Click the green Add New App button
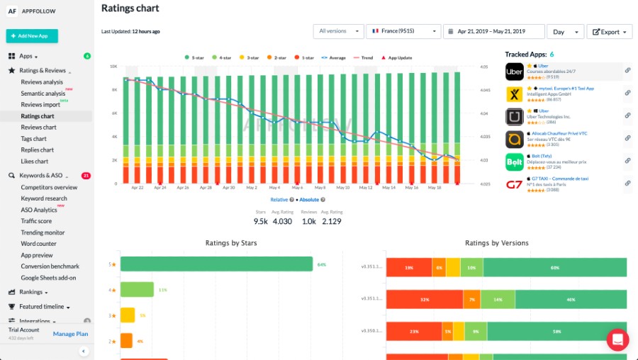tap(32, 35)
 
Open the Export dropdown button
tap(609, 32)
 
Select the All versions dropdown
tap(338, 32)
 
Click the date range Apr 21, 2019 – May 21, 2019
tap(493, 32)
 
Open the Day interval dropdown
tap(565, 32)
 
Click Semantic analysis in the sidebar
tap(43, 94)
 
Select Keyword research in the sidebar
tap(44, 198)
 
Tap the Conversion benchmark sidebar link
tap(50, 266)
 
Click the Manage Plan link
tap(71, 334)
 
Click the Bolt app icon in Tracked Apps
tap(515, 162)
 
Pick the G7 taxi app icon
tap(515, 186)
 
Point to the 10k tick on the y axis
tap(113, 67)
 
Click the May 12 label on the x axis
tap(366, 188)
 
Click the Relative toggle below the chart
tap(279, 200)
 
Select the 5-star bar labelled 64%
tap(216, 264)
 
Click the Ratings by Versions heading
tap(496, 243)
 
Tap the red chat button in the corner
tap(617, 339)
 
